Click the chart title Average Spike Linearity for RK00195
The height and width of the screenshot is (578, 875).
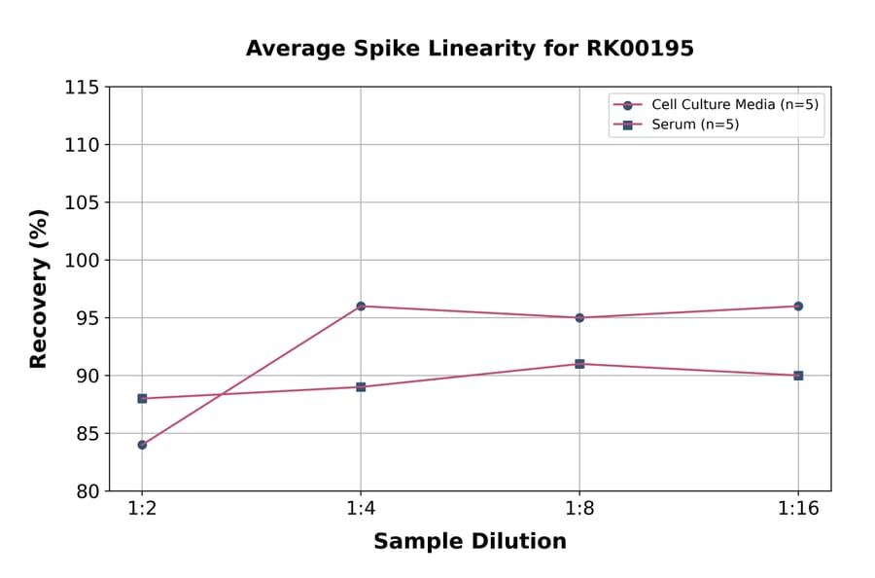pos(470,49)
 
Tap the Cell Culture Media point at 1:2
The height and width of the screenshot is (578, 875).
pos(142,445)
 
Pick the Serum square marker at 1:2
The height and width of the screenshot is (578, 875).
pos(142,398)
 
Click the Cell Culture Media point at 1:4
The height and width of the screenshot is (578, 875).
pos(361,307)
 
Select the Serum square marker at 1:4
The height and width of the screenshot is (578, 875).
pos(361,387)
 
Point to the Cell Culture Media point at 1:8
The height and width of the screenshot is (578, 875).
pos(579,317)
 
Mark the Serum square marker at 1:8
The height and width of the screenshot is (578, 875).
pos(579,364)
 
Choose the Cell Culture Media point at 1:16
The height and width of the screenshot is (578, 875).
pos(798,307)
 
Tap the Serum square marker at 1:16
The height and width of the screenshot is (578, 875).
pos(798,376)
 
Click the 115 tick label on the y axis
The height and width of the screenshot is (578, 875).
pos(82,88)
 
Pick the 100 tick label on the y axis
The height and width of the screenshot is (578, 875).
pos(82,261)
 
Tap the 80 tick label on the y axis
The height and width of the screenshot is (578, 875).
pos(87,491)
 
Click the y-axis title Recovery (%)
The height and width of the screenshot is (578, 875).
pos(39,289)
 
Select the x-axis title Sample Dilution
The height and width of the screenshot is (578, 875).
pos(470,542)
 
